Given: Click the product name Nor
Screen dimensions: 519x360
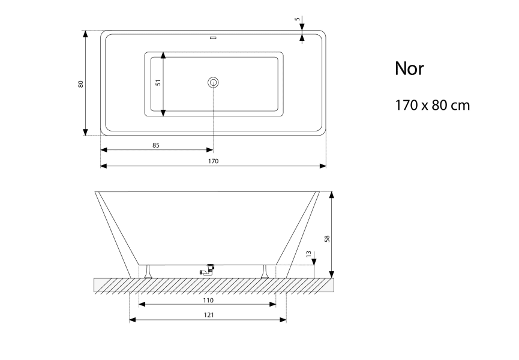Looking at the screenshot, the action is tap(409, 68).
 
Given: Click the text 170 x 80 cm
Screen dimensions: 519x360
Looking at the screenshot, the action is tap(432, 105).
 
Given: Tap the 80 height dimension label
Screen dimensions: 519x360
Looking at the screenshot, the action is tap(80, 84).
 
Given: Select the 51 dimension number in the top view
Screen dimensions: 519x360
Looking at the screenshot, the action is tap(158, 82).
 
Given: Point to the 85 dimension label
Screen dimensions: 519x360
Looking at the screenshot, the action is tap(156, 145).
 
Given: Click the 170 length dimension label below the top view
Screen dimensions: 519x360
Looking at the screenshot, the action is tap(214, 161).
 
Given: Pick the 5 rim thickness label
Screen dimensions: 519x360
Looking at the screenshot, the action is tap(297, 19).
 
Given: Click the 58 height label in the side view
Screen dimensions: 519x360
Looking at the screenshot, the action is tap(327, 239).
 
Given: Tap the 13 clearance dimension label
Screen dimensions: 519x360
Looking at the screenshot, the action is tap(309, 254).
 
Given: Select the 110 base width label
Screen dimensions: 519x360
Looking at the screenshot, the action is tap(208, 301).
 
